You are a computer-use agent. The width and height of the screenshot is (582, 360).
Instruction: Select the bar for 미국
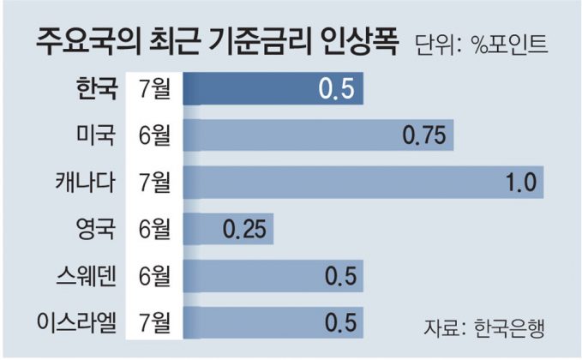[x=317, y=135]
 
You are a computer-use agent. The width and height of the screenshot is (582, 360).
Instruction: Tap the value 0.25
[x=244, y=229]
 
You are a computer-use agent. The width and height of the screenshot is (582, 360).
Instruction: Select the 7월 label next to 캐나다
[x=153, y=182]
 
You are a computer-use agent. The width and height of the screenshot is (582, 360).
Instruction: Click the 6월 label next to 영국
[x=153, y=228]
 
